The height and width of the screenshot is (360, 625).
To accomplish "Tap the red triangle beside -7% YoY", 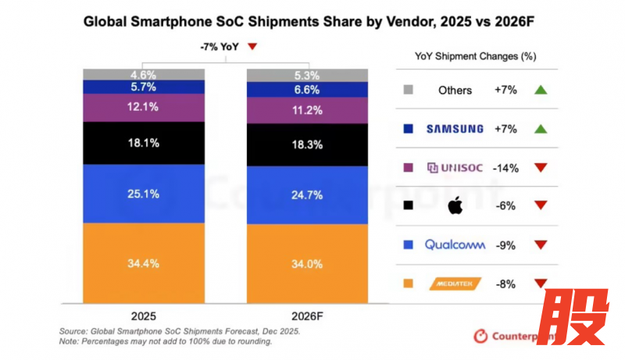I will (x=252, y=47).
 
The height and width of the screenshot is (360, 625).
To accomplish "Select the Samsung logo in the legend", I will (x=455, y=129).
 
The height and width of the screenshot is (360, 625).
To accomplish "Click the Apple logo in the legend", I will (x=454, y=206).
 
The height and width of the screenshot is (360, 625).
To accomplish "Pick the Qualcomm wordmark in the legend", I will (x=455, y=244).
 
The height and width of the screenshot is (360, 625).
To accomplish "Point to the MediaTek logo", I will (x=455, y=284).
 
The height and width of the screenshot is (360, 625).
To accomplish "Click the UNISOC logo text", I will (x=455, y=168).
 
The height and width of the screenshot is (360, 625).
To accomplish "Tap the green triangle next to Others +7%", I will (x=539, y=90).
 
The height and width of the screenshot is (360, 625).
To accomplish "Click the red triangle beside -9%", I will (x=539, y=245).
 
